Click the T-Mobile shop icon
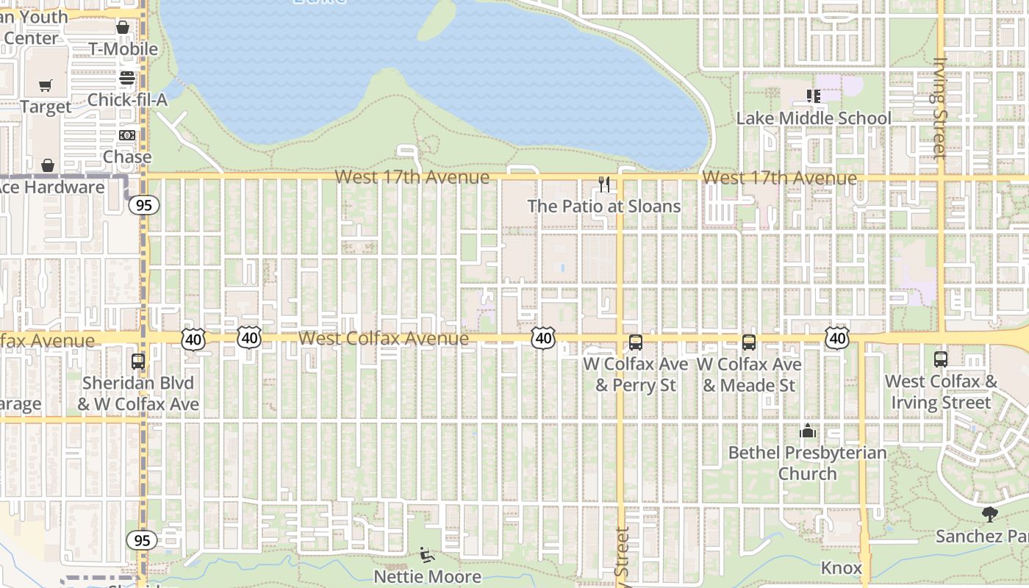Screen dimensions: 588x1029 pos(122,27)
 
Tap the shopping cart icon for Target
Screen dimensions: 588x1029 pos(46,86)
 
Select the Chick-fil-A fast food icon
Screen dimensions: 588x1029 pos(127,77)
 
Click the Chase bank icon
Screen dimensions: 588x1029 pos(127,135)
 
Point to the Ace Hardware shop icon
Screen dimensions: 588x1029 pos(48,165)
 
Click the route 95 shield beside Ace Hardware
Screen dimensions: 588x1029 pos(143,205)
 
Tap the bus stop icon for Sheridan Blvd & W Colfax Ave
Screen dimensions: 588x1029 pos(138,361)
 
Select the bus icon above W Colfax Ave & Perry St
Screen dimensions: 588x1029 pos(636,342)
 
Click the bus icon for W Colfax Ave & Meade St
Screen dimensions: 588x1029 pos(749,342)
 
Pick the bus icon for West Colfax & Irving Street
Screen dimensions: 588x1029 pos(941,359)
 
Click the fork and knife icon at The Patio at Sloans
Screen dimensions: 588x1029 pos(604,184)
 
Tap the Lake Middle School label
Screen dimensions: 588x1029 pos(814,118)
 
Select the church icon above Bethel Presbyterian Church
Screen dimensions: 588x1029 pos(808,431)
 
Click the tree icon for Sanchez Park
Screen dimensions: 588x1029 pos(989,514)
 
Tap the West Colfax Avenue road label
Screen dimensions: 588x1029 pos(384,338)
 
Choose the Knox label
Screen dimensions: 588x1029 pos(841,568)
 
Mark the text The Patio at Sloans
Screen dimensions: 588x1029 pos(604,207)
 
